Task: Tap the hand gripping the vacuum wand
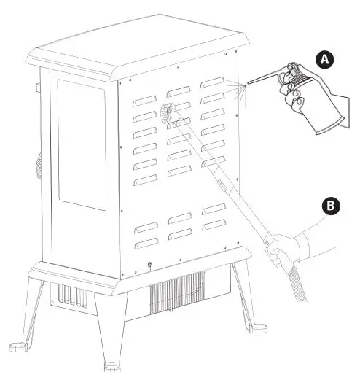click(281, 252)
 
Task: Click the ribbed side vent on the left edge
click(33, 168)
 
